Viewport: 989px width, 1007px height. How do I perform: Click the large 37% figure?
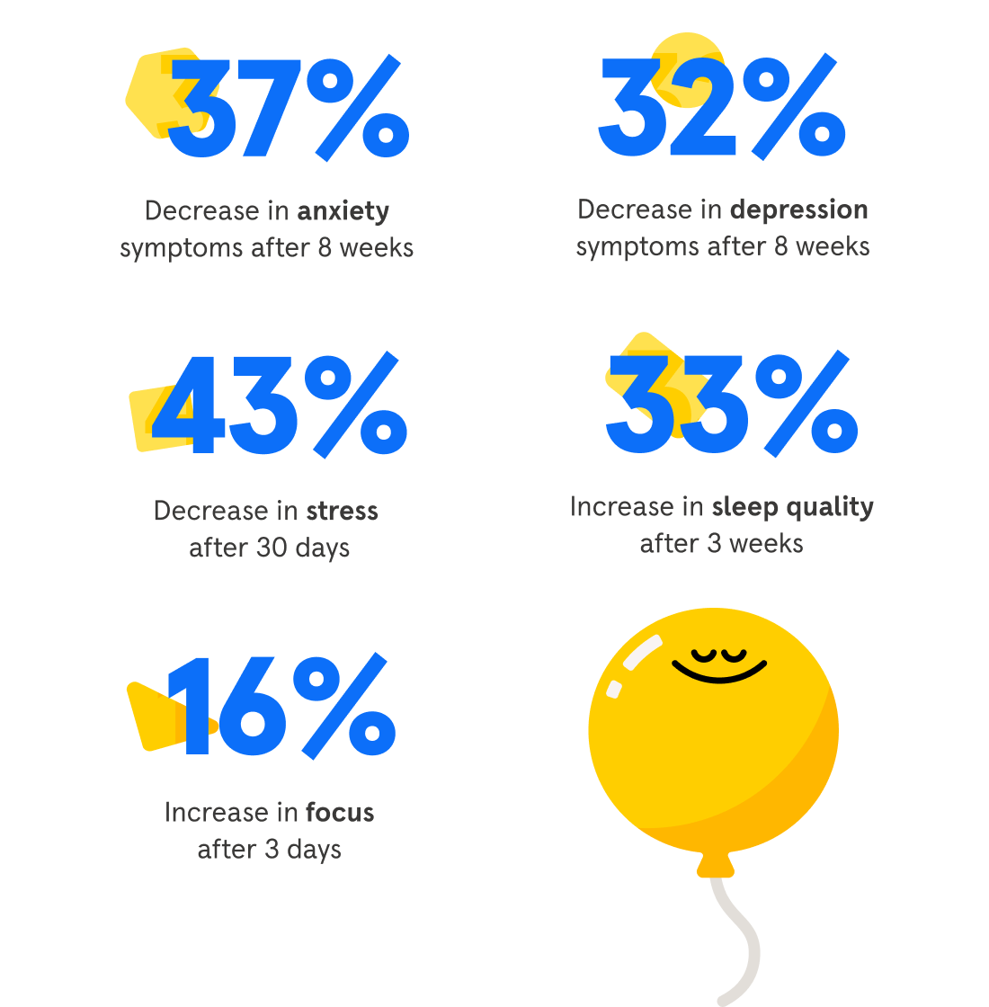click(288, 108)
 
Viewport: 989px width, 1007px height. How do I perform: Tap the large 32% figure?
click(722, 106)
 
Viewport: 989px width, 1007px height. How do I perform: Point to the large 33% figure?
click(730, 405)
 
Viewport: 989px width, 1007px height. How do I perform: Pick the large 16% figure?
click(283, 706)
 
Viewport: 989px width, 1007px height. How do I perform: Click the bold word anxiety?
click(343, 212)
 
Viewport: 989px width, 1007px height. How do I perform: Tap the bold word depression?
click(798, 210)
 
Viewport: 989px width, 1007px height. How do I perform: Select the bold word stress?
click(342, 512)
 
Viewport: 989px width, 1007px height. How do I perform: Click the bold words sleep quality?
click(792, 508)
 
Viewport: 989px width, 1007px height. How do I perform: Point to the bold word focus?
click(340, 813)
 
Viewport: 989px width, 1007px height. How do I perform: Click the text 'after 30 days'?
click(269, 548)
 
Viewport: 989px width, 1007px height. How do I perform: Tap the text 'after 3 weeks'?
click(721, 544)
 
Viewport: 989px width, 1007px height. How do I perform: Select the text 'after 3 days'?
click(269, 850)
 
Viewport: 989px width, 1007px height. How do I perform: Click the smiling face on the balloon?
click(719, 664)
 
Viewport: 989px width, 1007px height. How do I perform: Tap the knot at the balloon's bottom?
click(716, 866)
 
